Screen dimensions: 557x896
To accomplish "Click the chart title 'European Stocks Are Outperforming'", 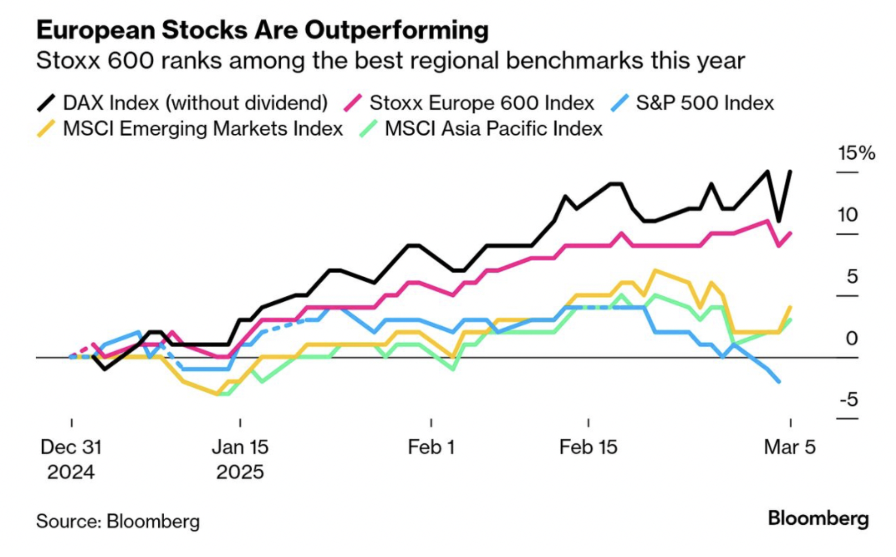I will [262, 30].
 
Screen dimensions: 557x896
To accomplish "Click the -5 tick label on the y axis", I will [849, 400].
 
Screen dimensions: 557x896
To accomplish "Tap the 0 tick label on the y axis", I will [852, 339].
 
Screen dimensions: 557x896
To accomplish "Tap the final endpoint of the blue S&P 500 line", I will [779, 382].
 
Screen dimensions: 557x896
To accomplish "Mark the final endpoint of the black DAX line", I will [790, 171].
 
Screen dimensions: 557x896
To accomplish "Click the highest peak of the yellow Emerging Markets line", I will [655, 271].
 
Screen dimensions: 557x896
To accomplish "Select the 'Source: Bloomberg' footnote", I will [118, 521].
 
